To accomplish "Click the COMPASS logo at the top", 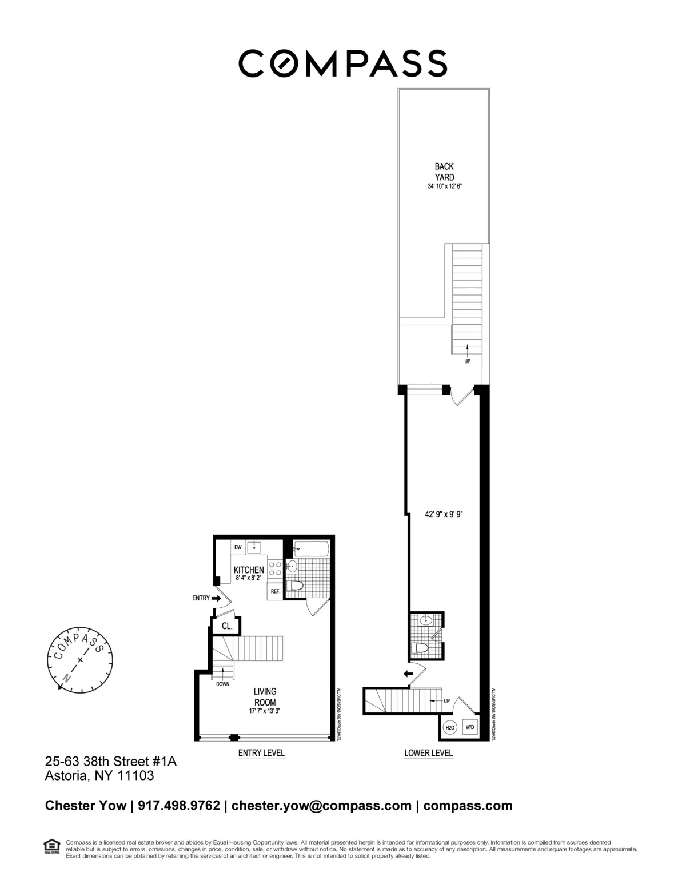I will click(342, 63).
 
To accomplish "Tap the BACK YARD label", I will click(444, 172).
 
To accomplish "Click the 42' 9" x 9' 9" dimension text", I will click(443, 514).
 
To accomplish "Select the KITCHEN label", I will click(249, 570).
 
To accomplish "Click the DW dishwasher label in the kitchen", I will click(238, 548).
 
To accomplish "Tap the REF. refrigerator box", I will click(275, 591).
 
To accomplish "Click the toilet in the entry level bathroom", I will click(296, 586).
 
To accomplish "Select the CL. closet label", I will click(227, 626).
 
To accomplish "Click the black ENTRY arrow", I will click(216, 598).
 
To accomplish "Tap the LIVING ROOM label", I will click(265, 697).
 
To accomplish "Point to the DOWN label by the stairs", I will click(223, 684).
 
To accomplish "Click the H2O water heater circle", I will click(449, 727).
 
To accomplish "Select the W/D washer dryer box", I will click(470, 727).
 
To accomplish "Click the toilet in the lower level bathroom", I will click(421, 648).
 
